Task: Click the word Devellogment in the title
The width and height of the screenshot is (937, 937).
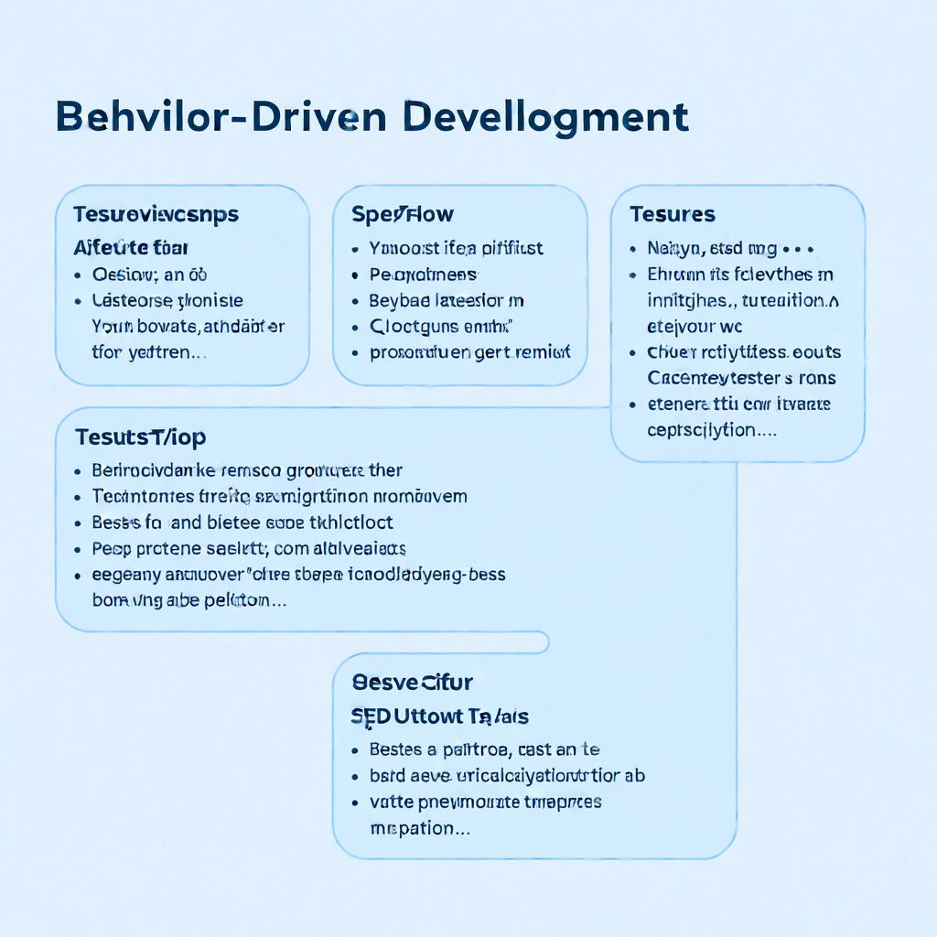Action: pos(544,118)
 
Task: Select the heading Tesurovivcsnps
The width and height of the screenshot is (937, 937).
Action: pos(156,214)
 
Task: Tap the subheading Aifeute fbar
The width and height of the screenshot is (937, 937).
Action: pos(131,247)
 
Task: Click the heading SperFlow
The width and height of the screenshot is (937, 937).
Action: pos(403,214)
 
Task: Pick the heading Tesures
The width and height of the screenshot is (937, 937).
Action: pos(673,214)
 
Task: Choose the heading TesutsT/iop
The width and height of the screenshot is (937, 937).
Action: pos(141,436)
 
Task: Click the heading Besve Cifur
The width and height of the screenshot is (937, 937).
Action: pos(413,682)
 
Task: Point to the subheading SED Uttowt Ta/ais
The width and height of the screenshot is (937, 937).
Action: pos(440,716)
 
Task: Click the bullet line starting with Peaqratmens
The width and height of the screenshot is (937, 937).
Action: pos(423,274)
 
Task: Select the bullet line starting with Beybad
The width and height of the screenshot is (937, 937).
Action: pos(446,300)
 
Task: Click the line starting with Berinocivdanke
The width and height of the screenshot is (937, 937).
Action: pos(247,470)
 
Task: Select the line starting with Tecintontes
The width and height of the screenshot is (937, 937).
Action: pos(279,496)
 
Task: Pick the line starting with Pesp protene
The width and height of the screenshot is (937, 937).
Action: pos(249,549)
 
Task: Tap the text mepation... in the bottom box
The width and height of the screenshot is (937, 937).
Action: pos(420,828)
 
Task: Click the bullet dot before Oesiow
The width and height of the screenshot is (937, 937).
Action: pos(79,275)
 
